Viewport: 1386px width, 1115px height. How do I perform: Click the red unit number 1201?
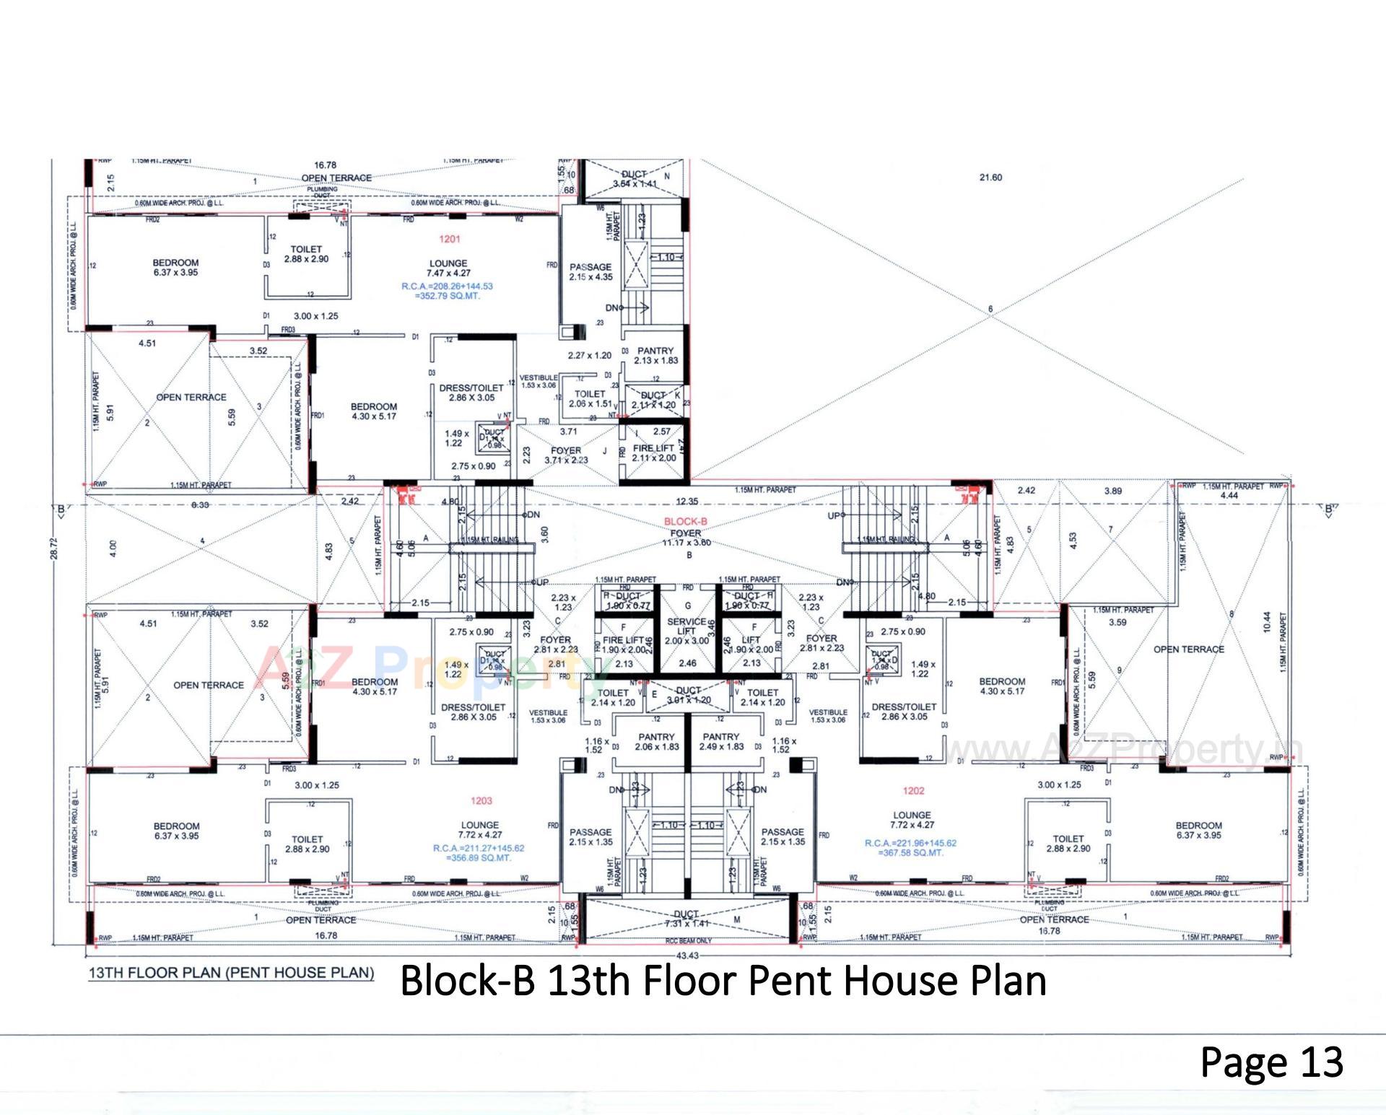(449, 239)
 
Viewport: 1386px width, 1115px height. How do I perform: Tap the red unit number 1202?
(913, 790)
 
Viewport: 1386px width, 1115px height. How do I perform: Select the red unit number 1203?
(481, 800)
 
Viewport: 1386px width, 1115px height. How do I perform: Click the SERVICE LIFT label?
(687, 626)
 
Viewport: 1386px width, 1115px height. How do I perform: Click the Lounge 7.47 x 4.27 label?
(448, 268)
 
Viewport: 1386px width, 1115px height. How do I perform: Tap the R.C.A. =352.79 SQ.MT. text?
(447, 291)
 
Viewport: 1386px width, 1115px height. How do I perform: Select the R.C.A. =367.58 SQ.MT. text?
(910, 847)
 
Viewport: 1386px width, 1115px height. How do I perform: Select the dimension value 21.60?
(990, 178)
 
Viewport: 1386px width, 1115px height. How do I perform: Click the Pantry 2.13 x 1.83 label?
(655, 355)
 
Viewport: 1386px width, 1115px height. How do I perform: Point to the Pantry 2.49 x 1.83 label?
(720, 741)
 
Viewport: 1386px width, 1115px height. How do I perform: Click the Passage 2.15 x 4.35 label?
(590, 271)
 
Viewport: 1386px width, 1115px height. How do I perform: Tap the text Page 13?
(1271, 1062)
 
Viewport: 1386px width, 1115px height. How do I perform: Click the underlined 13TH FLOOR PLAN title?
(231, 973)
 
